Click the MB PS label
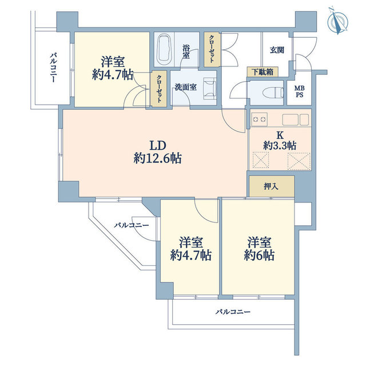coord(299,91)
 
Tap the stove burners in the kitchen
coord(259,120)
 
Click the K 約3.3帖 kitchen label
coord(280,141)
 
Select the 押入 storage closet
coord(271,186)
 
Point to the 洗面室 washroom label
coord(186,87)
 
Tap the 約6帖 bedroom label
coord(257,248)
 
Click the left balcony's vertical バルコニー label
coord(53,68)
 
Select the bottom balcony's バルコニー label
coord(233,312)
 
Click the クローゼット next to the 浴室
coord(212,50)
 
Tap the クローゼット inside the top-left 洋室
coord(157,89)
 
